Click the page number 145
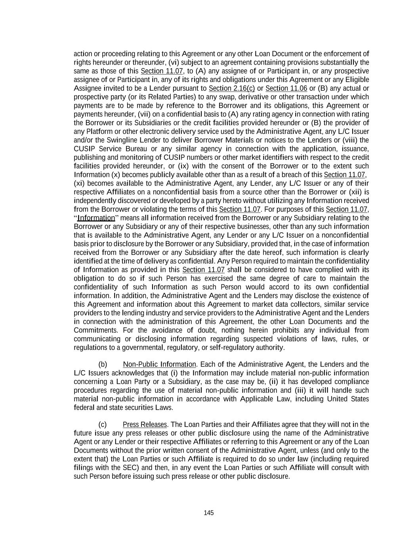(209, 513)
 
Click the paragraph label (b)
(103, 364)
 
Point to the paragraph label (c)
(103, 424)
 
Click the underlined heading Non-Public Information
(159, 364)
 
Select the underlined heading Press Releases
(145, 424)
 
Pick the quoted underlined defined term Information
(96, 218)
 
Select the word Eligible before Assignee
(355, 80)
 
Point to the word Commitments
(95, 330)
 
